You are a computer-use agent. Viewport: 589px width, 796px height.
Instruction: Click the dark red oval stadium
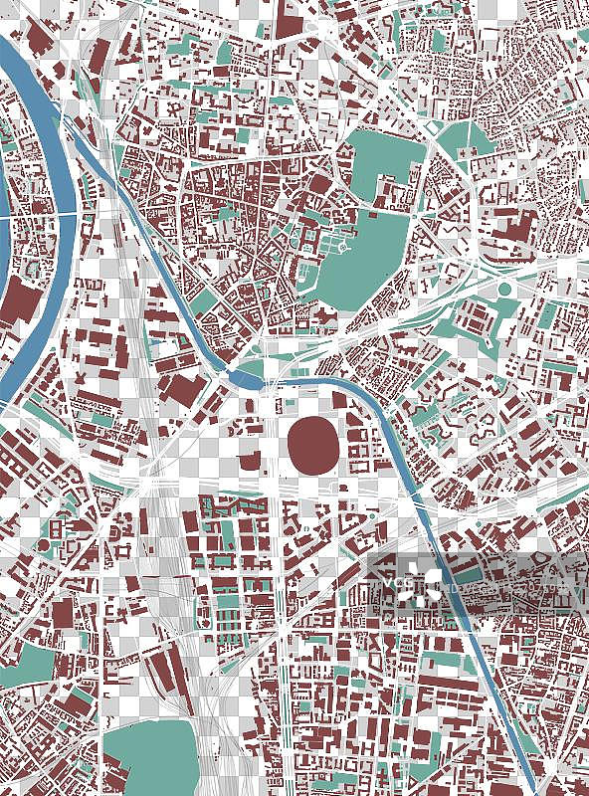[x=312, y=440]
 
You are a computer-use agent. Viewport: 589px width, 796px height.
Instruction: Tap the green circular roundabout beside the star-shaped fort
[x=504, y=290]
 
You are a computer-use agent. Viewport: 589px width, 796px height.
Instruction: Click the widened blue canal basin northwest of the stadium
[x=248, y=376]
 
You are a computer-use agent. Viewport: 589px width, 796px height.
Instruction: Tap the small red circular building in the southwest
[x=44, y=546]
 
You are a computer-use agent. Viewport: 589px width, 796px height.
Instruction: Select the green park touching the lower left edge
[x=25, y=667]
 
